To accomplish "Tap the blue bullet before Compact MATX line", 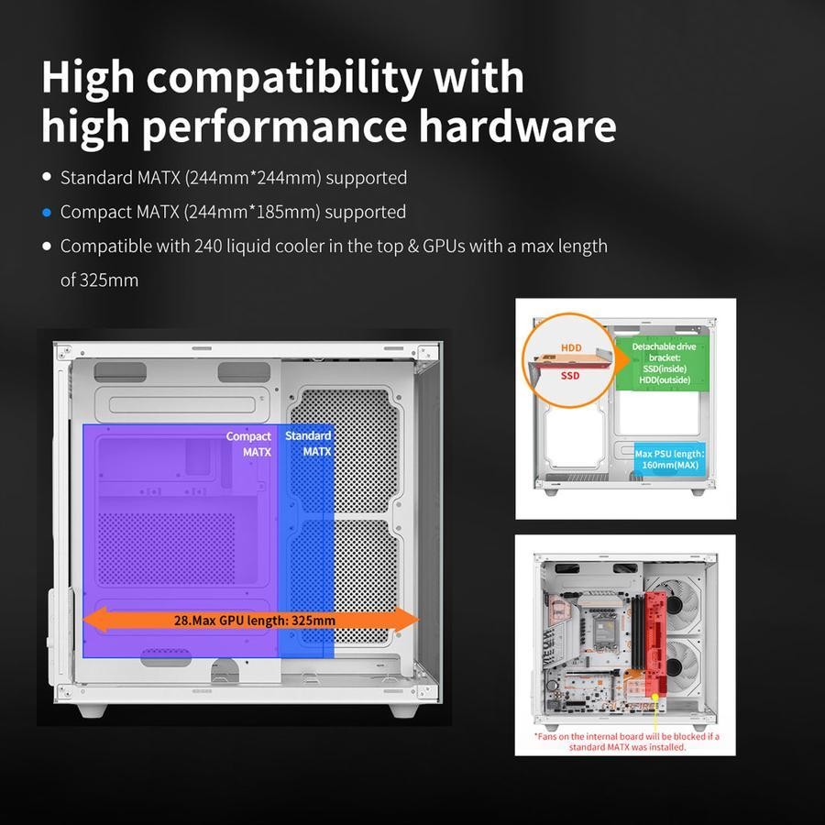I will point(47,212).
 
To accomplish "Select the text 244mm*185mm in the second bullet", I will point(251,212).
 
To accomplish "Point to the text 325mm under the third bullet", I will point(99,280).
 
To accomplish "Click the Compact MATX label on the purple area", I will point(249,444).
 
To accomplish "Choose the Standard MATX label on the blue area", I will point(308,443).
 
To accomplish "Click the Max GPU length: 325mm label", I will point(255,620).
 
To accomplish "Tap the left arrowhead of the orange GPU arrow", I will point(92,620).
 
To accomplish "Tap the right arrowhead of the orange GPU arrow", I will point(410,620).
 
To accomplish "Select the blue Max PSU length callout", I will point(669,458).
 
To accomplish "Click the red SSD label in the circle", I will point(570,376).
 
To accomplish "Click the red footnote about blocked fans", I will point(625,741).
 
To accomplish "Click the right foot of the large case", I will point(404,709).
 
